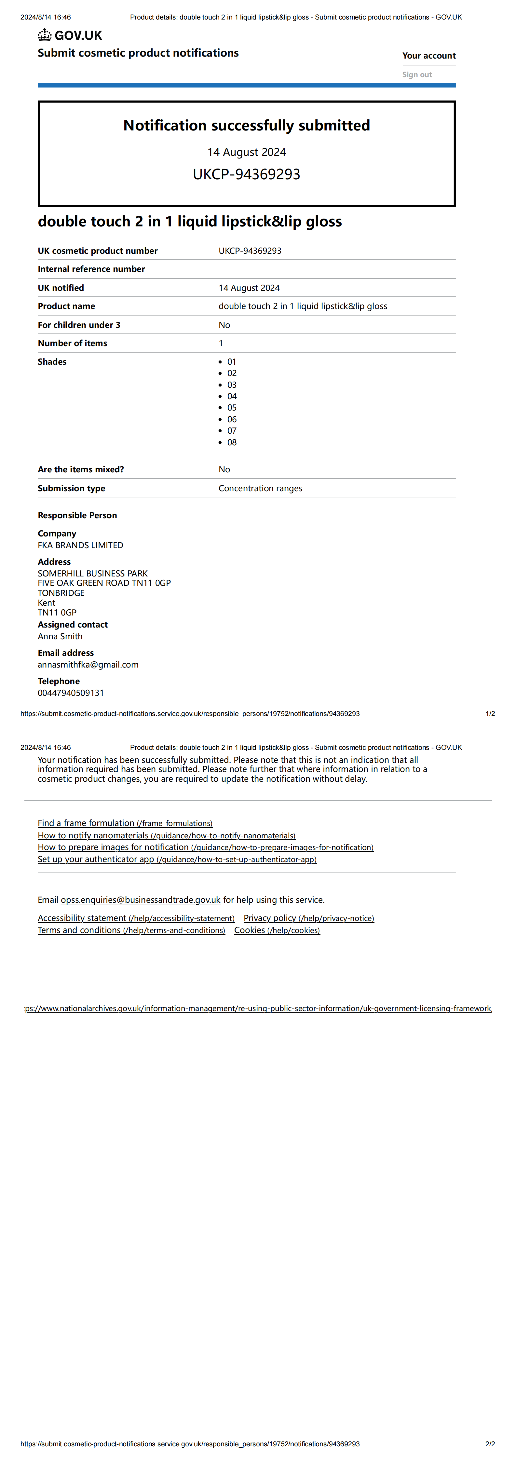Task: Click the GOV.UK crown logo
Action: point(45,35)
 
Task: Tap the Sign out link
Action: point(417,74)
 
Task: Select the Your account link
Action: point(429,56)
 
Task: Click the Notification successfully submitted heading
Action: point(247,125)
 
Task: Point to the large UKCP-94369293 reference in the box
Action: point(247,174)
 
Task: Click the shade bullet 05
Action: point(232,408)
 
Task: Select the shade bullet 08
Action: point(232,442)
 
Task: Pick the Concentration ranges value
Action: point(260,488)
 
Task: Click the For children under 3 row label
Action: point(79,325)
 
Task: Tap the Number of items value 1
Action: point(221,343)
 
